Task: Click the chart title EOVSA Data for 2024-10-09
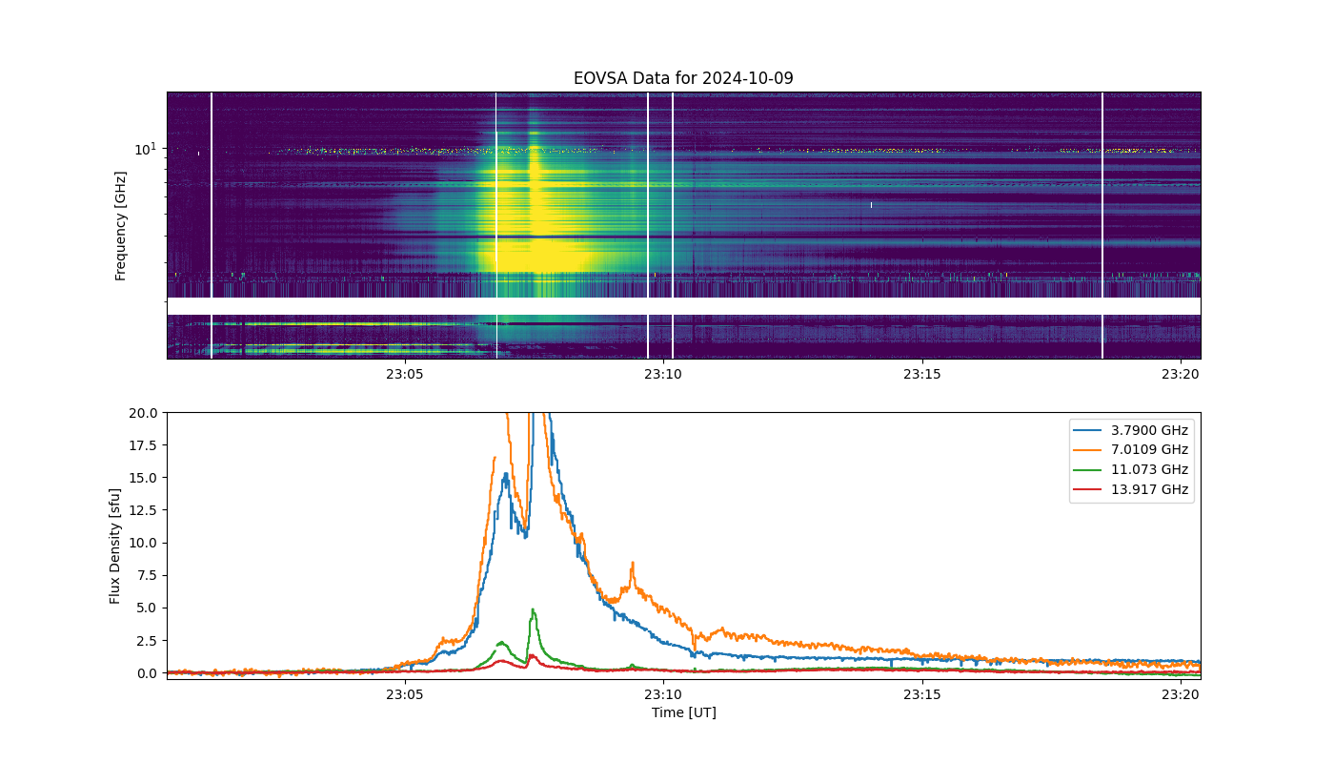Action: pos(683,78)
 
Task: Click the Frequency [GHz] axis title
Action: pos(120,226)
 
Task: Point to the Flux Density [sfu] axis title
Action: pos(114,546)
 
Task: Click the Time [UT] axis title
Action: pos(684,712)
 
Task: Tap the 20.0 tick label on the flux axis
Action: pos(143,413)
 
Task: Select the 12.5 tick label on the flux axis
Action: pos(143,510)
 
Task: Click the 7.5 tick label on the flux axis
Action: pos(147,575)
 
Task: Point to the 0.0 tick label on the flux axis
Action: pos(147,673)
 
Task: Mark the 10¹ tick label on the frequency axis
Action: pos(145,149)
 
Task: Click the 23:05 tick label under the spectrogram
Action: pos(404,374)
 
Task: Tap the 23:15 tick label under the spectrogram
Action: pos(922,374)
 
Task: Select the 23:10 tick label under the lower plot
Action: pos(663,694)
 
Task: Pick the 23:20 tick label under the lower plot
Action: pos(1181,694)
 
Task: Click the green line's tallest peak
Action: pos(533,609)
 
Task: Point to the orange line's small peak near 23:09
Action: pos(633,563)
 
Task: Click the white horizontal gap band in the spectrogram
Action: pos(684,306)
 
